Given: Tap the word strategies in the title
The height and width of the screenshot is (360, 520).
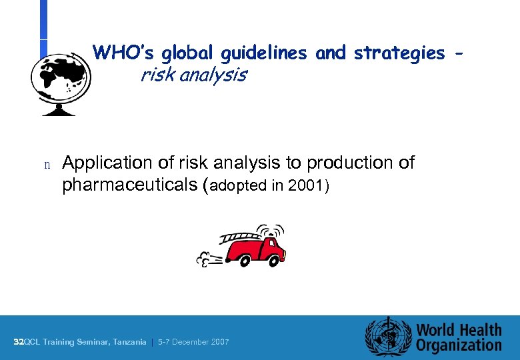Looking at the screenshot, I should (399, 52).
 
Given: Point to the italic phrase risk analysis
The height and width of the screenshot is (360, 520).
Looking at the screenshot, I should (193, 75).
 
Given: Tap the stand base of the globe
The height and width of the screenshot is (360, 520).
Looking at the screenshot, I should (60, 111).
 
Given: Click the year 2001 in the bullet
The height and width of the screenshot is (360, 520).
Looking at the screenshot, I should (309, 185).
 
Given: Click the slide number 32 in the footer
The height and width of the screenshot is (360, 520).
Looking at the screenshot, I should (18, 342).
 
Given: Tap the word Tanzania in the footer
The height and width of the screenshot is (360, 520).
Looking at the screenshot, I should (129, 342).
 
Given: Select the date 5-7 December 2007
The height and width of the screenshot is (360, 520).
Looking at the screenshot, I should (193, 342).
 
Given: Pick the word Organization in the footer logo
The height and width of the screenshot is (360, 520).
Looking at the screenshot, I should (459, 345).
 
